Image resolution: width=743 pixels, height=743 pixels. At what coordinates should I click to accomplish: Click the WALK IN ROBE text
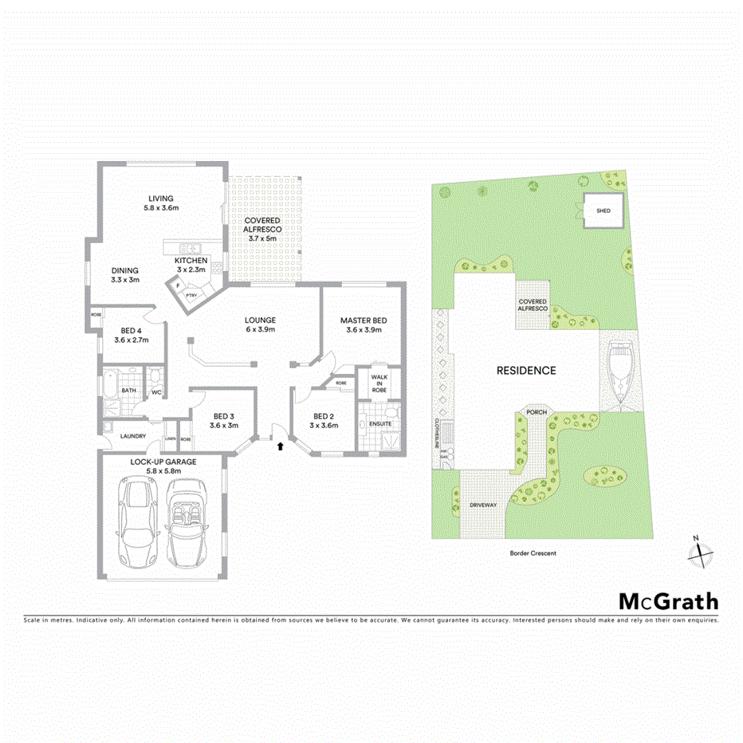(x=379, y=383)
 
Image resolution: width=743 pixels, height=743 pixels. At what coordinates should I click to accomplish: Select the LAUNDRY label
(x=132, y=436)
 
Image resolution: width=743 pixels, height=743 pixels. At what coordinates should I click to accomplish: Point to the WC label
(x=155, y=392)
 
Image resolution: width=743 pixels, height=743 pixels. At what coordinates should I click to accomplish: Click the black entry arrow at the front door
(x=280, y=446)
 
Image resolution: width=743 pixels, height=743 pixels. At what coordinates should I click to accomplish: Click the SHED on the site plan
(x=603, y=211)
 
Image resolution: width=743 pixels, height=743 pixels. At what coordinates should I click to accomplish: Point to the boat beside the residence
(x=621, y=371)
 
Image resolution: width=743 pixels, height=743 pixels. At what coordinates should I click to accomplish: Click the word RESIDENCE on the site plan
(x=526, y=371)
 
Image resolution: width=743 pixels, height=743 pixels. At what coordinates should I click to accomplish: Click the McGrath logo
(x=669, y=602)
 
